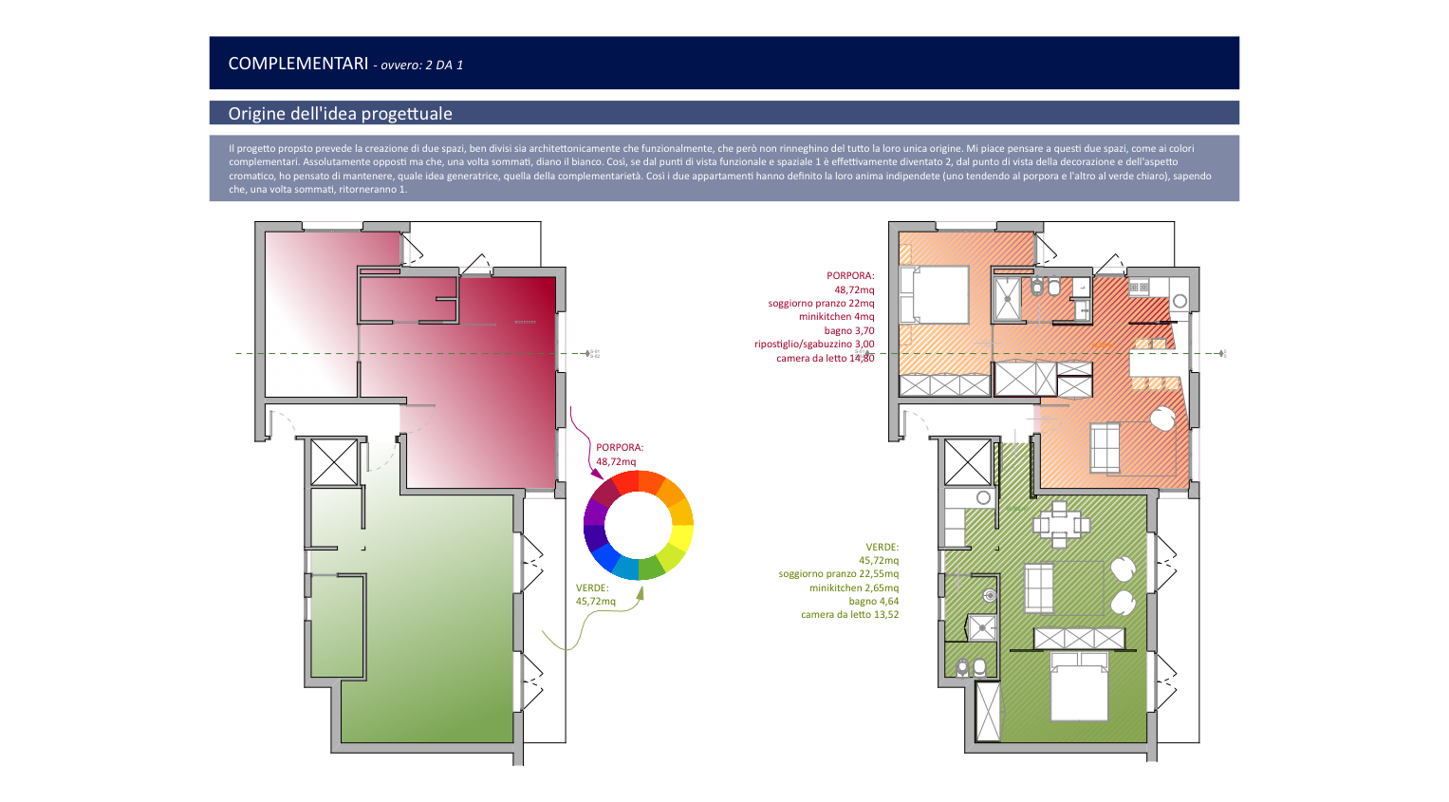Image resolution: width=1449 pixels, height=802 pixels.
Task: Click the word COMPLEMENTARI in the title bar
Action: [298, 64]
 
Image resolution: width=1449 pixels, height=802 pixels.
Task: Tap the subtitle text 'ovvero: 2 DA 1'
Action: [421, 65]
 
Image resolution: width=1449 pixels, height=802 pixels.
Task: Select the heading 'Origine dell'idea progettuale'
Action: [341, 113]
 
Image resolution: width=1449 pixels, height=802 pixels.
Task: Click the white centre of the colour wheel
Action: [639, 525]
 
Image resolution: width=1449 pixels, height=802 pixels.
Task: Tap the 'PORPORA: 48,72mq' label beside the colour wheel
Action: [620, 454]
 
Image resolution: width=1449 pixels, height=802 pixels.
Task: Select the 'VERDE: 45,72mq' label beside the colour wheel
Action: [595, 594]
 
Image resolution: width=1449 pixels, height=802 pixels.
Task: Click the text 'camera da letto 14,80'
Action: [826, 359]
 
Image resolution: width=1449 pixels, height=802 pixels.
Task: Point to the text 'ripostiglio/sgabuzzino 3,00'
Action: [814, 345]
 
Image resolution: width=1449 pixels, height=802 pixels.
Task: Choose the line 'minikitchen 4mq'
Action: [836, 316]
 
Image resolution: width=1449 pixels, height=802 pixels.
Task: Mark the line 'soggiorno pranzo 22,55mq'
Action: [838, 573]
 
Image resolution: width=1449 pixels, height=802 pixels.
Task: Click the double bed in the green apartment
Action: [1079, 686]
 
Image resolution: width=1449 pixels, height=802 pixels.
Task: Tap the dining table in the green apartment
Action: [1060, 524]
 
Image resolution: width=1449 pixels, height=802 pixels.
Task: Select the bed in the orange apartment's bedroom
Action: [935, 295]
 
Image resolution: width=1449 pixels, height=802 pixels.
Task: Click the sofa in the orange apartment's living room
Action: [1105, 447]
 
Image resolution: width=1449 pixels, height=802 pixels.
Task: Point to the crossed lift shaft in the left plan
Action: [334, 462]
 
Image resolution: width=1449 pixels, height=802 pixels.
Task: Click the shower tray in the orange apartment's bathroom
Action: [1007, 300]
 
